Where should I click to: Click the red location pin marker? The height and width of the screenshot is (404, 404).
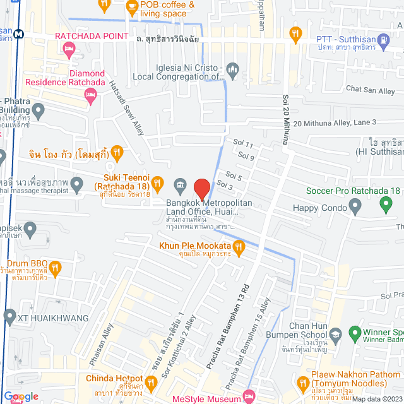(201, 189)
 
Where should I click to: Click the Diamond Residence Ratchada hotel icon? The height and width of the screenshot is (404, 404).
(90, 95)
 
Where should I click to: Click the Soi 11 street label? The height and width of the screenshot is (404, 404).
(243, 145)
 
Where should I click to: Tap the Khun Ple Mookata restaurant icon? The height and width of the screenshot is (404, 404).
(238, 246)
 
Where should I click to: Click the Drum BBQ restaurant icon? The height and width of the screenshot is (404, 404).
(56, 268)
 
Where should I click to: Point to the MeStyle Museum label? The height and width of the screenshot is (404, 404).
(206, 398)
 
